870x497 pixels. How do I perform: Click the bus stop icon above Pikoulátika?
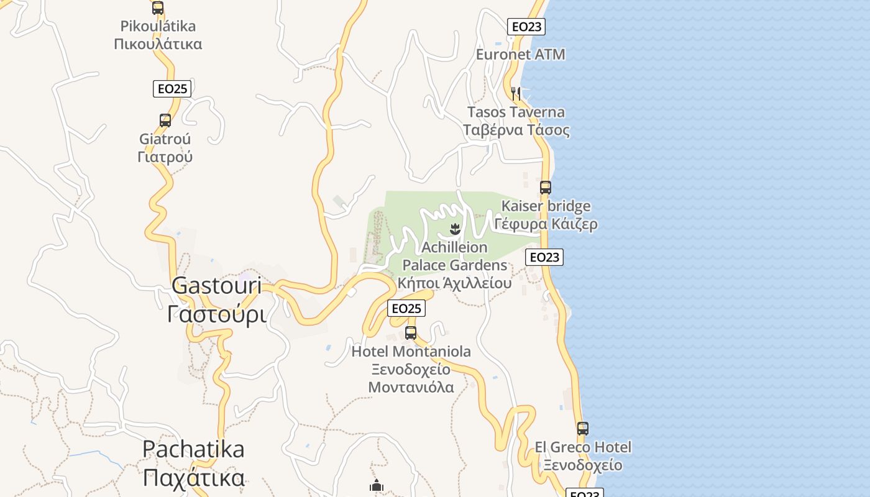pos(158,8)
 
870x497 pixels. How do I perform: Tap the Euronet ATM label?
pos(520,54)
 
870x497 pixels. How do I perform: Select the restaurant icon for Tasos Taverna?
pos(516,94)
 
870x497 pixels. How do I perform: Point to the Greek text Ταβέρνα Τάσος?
pos(516,130)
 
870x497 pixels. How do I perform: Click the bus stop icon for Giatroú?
pos(165,121)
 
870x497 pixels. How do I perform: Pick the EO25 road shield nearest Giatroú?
pos(172,88)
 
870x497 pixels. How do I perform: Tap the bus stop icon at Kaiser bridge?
pos(545,187)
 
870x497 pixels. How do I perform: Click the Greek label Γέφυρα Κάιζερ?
pos(546,224)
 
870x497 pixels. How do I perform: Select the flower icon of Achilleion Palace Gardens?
pos(455,229)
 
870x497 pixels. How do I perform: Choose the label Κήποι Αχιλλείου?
pos(454,283)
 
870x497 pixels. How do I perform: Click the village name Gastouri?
pos(216,286)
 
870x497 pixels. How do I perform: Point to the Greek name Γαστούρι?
pos(216,314)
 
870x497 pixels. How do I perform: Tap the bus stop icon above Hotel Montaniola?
pos(411,332)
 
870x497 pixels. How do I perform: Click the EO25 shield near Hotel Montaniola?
pos(406,308)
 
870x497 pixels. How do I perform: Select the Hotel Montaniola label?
pos(411,352)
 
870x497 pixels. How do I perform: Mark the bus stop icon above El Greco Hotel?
pos(582,429)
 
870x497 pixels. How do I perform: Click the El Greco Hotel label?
pos(583,447)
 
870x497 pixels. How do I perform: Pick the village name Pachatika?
pos(193,449)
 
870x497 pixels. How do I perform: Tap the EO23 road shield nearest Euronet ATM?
pos(526,27)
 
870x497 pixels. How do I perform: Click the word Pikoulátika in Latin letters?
pos(158,26)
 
